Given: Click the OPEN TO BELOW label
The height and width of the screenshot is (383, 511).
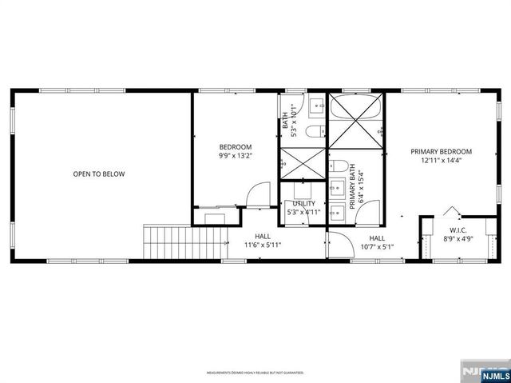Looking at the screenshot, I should point(99,174).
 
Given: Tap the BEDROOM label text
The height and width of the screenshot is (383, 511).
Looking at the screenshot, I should point(236,147).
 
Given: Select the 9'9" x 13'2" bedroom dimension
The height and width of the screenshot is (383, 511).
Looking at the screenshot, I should point(236,156).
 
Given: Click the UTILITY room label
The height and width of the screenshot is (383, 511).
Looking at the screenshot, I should point(303,204).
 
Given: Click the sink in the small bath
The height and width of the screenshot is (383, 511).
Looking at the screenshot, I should point(315,104).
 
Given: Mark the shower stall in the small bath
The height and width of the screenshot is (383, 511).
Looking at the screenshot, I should point(301,164).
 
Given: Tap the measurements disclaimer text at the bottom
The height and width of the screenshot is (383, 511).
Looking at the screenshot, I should point(255,373).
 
